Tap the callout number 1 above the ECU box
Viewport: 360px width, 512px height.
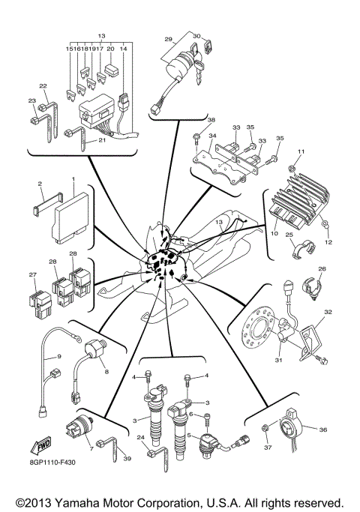click(73, 180)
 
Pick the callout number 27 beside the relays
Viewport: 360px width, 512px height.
click(31, 275)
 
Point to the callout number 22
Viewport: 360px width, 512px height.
click(43, 85)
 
